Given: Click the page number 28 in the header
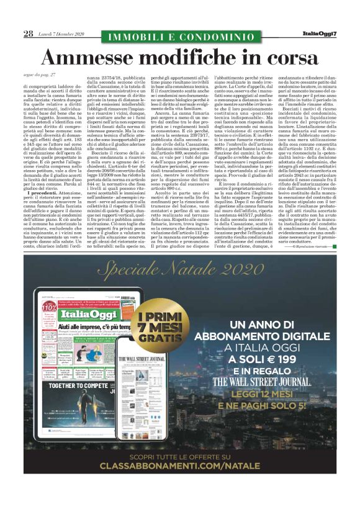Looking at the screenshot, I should pos(29,34).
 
